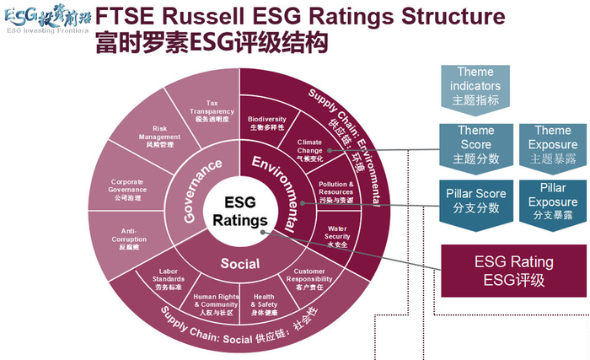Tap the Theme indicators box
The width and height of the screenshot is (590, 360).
(x=477, y=85)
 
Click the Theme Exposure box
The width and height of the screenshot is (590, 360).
(x=553, y=143)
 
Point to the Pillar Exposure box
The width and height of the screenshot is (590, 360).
(x=553, y=201)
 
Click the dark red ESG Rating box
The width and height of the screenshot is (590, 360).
(x=514, y=270)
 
